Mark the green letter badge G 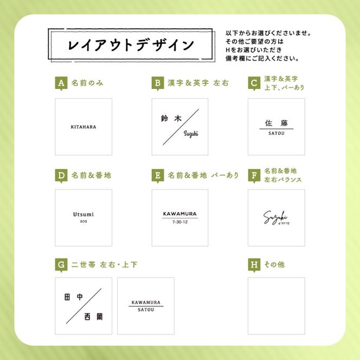(x=61, y=265)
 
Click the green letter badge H (x=254, y=265)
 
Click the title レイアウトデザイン (x=131, y=45)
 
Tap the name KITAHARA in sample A (x=83, y=127)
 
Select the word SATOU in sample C (x=276, y=133)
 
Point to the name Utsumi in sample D (x=83, y=214)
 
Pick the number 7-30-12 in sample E (x=179, y=222)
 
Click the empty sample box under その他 (x=276, y=306)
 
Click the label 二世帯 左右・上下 (x=104, y=265)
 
